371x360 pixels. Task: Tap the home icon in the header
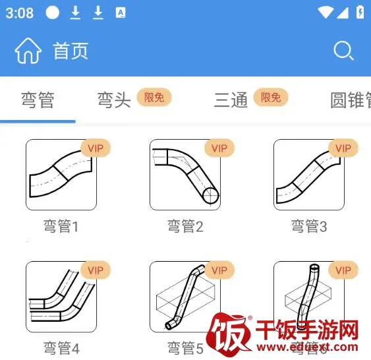[28, 51]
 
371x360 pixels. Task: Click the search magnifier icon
[343, 51]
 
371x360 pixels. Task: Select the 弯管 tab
[38, 100]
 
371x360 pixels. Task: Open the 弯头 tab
[114, 100]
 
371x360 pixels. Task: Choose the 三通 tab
[231, 100]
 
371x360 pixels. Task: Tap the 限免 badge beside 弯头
[154, 98]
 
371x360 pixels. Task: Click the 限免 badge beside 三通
[270, 98]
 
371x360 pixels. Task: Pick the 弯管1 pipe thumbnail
[61, 175]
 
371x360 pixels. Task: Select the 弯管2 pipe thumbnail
[185, 175]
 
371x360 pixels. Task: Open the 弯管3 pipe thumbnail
[309, 175]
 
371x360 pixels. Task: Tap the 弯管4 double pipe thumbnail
[61, 297]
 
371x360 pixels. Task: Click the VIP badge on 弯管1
[96, 148]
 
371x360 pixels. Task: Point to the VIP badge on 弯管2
[219, 148]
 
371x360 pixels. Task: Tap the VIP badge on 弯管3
[343, 148]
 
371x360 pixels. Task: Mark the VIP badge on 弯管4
[96, 270]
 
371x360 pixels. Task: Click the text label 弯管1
[61, 227]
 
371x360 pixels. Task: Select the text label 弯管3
[309, 227]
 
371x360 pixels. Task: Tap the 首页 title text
[71, 51]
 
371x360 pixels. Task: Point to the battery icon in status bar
[360, 13]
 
